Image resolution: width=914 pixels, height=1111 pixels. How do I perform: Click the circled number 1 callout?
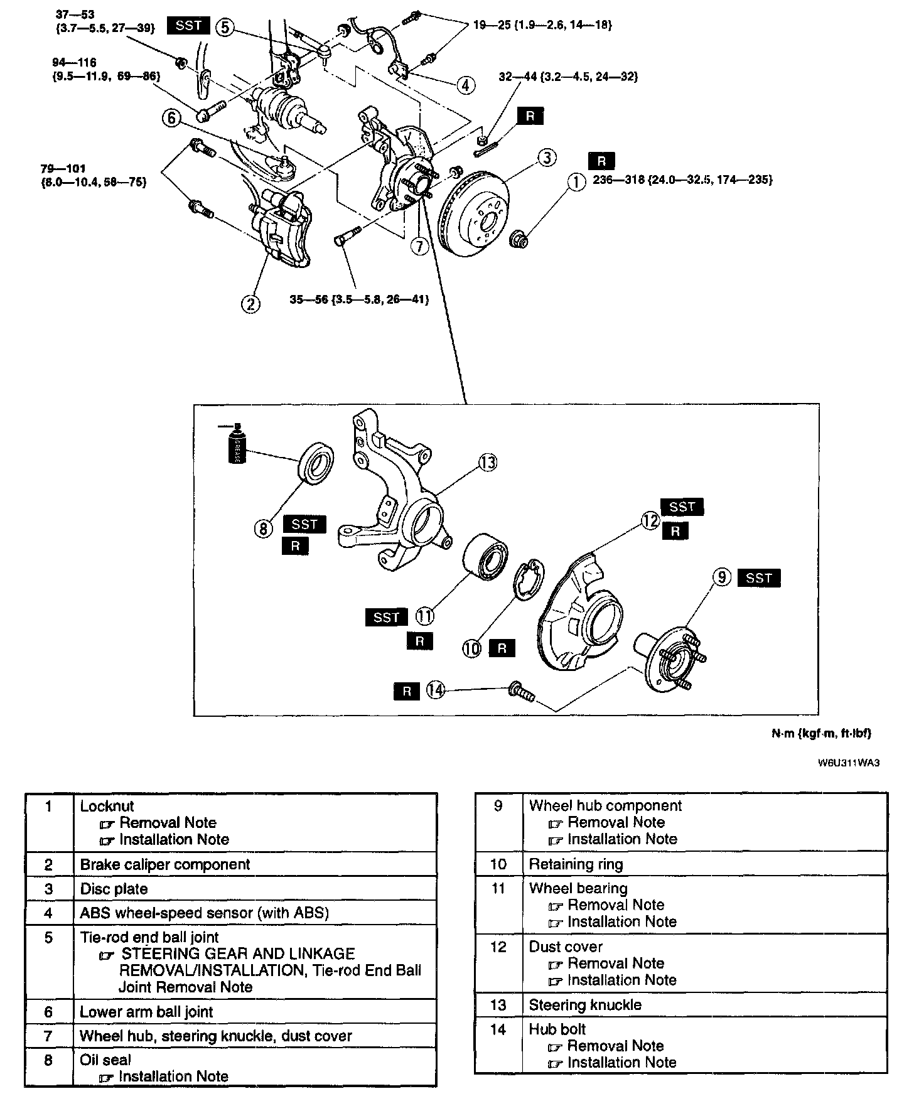(x=576, y=182)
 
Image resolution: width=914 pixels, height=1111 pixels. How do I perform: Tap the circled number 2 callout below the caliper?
(x=250, y=304)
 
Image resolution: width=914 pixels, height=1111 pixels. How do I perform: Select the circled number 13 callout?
(x=488, y=463)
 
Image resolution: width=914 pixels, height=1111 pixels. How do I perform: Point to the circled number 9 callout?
(x=723, y=577)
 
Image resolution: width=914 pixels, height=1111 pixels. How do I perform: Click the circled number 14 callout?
(x=435, y=690)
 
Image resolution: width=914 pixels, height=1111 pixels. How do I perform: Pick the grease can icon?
(x=235, y=444)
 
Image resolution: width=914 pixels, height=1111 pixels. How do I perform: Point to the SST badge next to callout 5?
(x=188, y=26)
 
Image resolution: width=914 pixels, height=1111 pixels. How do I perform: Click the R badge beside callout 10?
(x=502, y=648)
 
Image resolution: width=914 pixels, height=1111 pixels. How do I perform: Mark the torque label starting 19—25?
(x=542, y=25)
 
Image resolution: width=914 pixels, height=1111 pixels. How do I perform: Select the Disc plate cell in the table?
(x=114, y=889)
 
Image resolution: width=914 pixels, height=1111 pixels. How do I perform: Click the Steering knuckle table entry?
(x=585, y=1005)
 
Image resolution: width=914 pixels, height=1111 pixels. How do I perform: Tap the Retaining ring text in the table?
(x=576, y=864)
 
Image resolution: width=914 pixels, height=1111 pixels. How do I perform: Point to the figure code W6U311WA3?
(x=848, y=763)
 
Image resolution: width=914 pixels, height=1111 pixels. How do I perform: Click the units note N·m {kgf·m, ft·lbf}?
(x=821, y=733)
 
